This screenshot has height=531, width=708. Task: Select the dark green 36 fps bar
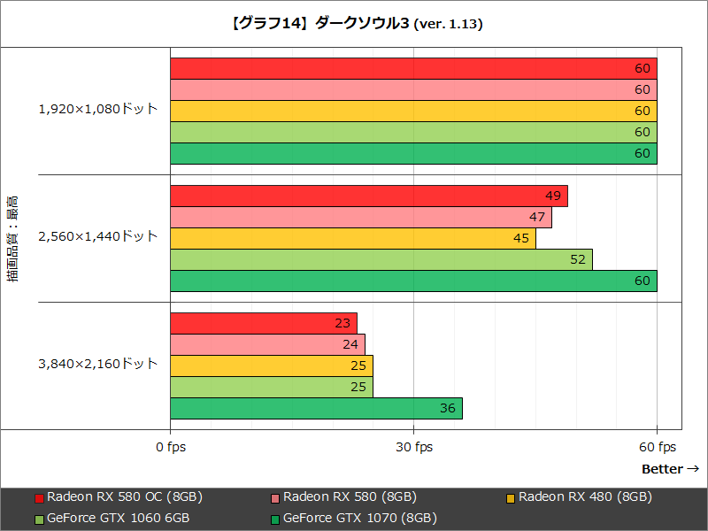tap(316, 409)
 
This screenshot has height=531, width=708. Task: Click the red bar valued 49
tap(368, 196)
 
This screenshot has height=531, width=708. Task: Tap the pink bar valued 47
tap(360, 217)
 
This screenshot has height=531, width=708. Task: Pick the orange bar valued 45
tap(352, 238)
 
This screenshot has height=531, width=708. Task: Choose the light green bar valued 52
tap(381, 259)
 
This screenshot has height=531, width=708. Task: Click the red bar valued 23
tap(263, 323)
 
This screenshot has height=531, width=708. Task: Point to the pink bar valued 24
tap(267, 344)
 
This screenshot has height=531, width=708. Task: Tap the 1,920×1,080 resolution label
tap(97, 110)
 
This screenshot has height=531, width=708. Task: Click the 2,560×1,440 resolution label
tap(97, 236)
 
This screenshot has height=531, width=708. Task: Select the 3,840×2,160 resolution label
tap(97, 364)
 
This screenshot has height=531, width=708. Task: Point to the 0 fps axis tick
tap(170, 447)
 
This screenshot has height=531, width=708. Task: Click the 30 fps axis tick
tap(413, 447)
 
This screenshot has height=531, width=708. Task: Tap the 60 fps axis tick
tap(657, 447)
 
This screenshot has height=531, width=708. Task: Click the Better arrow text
tap(670, 469)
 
